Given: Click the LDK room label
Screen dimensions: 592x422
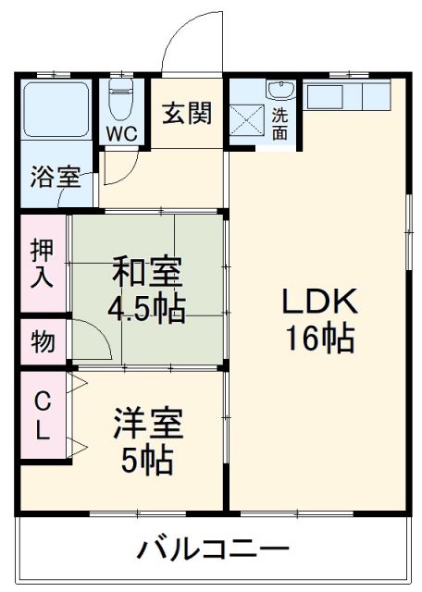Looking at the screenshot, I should point(318,302).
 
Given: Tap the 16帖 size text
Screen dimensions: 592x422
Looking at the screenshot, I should point(319,339).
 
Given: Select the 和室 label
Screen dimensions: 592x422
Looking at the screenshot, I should point(147,272).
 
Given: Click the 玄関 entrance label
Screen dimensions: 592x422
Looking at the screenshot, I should point(187,113).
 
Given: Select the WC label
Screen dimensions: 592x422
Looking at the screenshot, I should point(120,133).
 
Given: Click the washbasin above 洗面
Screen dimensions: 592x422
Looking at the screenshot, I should point(279,91).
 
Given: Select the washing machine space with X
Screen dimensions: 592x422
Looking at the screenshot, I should point(247,121).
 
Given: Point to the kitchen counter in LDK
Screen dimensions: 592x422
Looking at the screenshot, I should point(347,94).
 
